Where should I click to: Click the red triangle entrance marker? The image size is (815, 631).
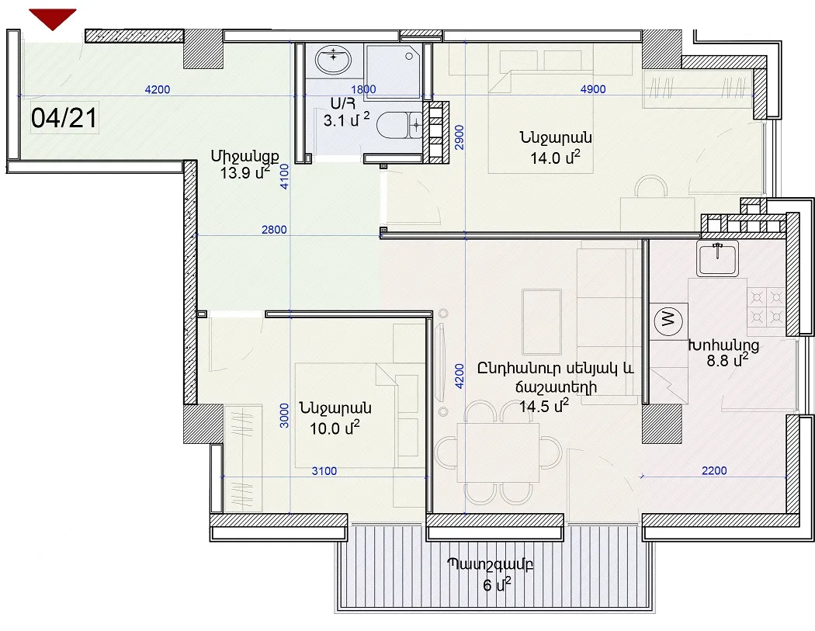pyautogui.click(x=53, y=18)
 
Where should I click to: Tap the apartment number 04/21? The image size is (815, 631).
pyautogui.click(x=64, y=117)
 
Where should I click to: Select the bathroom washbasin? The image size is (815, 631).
pyautogui.click(x=334, y=61)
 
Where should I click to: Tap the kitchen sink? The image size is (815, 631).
pyautogui.click(x=718, y=258)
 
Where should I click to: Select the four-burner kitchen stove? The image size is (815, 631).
pyautogui.click(x=766, y=307)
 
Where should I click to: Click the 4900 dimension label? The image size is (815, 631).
pyautogui.click(x=592, y=89)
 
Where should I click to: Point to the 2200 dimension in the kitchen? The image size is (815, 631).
pyautogui.click(x=714, y=470)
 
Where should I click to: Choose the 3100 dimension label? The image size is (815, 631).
pyautogui.click(x=324, y=471)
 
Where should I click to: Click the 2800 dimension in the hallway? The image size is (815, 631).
pyautogui.click(x=274, y=229)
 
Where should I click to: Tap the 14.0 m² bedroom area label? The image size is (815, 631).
pyautogui.click(x=555, y=157)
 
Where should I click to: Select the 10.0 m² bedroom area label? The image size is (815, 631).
pyautogui.click(x=335, y=428)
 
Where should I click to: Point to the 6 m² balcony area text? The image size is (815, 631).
pyautogui.click(x=497, y=584)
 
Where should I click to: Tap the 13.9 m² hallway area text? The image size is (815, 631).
pyautogui.click(x=244, y=172)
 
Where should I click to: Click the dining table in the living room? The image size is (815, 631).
pyautogui.click(x=498, y=452)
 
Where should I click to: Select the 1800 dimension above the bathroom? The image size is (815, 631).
pyautogui.click(x=363, y=89)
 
